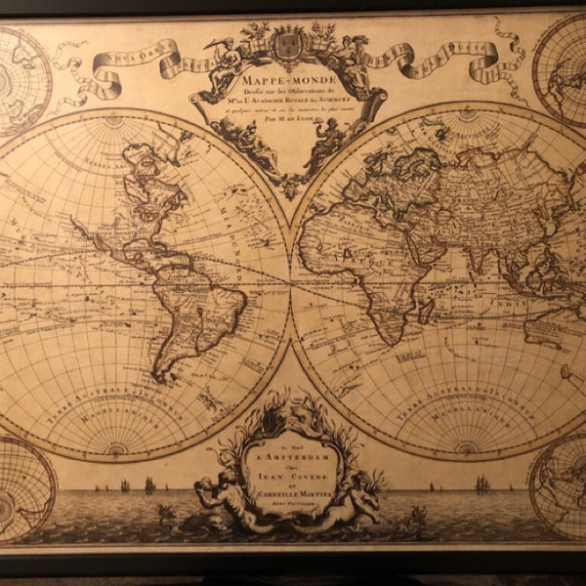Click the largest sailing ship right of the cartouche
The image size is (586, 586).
481,483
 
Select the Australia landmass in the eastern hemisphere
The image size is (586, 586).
547,327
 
